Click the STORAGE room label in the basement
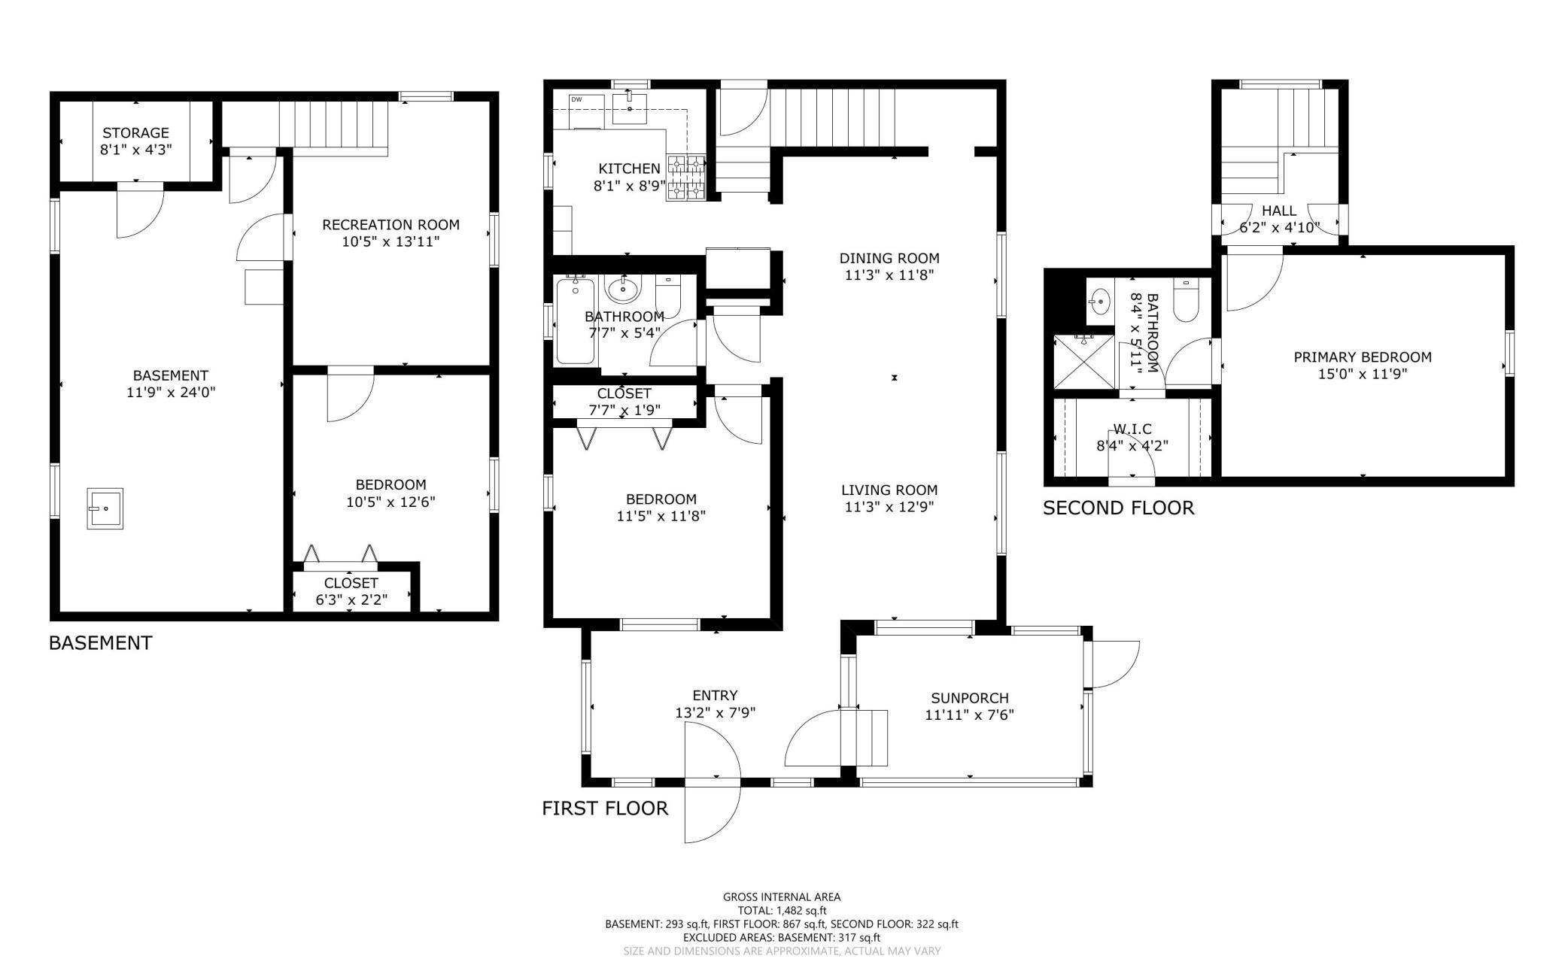tap(136, 133)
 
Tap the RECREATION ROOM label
tap(390, 224)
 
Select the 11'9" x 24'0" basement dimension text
tap(171, 392)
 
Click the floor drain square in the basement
tap(105, 508)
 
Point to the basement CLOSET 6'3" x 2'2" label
tap(351, 591)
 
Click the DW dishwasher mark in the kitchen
tap(576, 99)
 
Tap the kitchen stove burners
tap(685, 177)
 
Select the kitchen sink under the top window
tap(628, 108)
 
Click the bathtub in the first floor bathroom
tap(576, 320)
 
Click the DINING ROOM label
tap(889, 258)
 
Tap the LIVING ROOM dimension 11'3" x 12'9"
tap(889, 507)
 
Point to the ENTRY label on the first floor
tap(715, 696)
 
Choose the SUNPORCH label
tap(969, 698)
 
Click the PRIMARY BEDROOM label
tap(1363, 357)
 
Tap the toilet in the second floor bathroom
tap(1186, 301)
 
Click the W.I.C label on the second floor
tap(1132, 429)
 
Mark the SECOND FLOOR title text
tap(1119, 508)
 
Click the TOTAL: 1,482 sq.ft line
tap(782, 910)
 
